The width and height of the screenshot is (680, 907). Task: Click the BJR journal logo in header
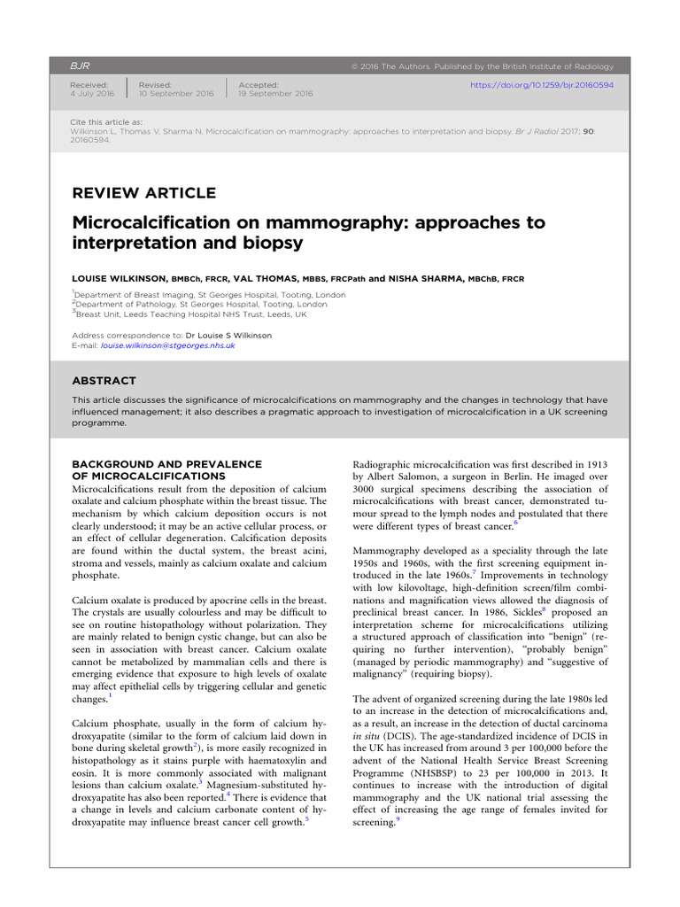click(80, 66)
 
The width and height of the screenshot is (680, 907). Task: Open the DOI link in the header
click(542, 85)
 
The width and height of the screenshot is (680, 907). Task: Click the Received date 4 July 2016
click(92, 93)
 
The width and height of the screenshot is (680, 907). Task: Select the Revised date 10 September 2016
click(176, 93)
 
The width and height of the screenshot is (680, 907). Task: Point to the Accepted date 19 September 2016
click(275, 93)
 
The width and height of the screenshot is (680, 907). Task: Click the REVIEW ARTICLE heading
click(143, 193)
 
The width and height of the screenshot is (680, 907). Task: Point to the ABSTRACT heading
click(104, 381)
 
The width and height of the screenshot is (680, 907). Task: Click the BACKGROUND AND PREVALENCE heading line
click(166, 463)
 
